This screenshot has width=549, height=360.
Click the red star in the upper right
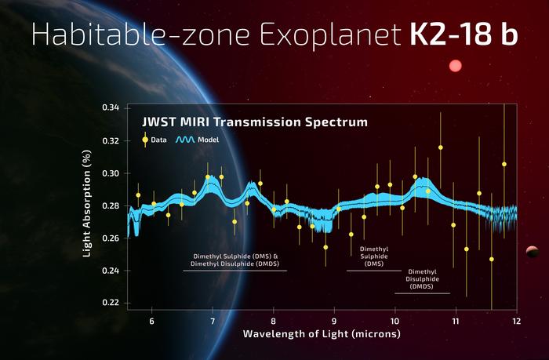455,67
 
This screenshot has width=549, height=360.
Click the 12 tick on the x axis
516,322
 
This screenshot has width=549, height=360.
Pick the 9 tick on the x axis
334,322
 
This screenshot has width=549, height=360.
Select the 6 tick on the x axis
151,322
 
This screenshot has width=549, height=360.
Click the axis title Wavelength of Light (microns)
322,334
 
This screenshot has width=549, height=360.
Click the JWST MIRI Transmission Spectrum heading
254,123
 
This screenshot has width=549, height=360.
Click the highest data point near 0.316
440,147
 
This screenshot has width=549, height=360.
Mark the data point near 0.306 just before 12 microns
504,164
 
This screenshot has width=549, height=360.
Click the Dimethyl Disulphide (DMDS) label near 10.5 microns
422,278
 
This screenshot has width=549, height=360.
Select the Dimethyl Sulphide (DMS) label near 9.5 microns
373,256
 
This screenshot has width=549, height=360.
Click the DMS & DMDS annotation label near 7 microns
235,260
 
